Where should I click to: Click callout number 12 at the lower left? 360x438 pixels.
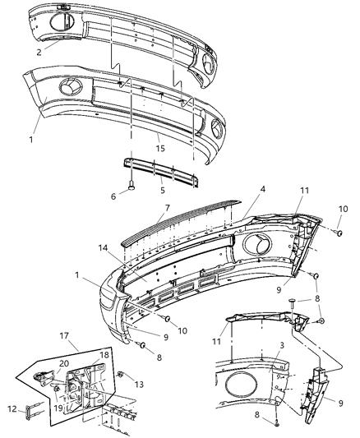[x=12, y=408]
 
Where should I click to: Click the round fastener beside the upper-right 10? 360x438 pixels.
[x=338, y=234]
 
